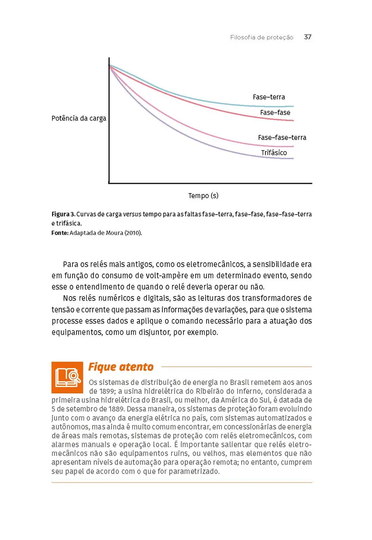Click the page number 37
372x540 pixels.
[308, 37]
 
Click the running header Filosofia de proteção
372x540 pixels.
[261, 38]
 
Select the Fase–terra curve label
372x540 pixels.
[269, 97]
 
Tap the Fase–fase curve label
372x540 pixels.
[275, 112]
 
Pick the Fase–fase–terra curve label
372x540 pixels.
[282, 137]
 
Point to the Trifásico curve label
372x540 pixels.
[274, 153]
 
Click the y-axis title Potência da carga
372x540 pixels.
[79, 119]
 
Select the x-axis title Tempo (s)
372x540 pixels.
[203, 195]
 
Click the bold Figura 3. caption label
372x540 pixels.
[63, 214]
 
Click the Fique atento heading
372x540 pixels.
[121, 367]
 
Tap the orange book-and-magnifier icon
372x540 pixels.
[67, 377]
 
